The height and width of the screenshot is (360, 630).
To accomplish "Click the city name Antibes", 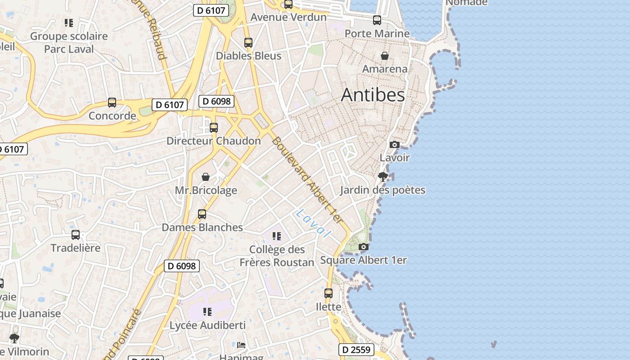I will point(373,95).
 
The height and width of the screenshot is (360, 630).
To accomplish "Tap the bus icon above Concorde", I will point(112,103).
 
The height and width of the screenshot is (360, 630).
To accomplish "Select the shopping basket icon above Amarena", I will point(385,56).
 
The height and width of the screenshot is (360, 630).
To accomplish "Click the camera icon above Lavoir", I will point(394,144).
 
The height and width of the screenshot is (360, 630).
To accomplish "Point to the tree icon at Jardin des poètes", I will point(382,176).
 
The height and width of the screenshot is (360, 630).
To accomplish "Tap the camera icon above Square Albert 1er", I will point(364,247).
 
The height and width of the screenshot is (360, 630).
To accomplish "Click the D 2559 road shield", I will point(356,349).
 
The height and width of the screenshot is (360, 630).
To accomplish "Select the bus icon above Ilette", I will point(328,293).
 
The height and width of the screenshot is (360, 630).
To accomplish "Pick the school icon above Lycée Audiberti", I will point(207,311).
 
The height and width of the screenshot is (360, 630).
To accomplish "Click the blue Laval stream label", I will point(314,223).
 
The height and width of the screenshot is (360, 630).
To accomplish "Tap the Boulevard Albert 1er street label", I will point(307,179).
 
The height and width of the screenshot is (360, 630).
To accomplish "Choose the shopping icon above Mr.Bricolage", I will point(206,177).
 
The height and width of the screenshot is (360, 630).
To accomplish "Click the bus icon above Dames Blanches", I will point(202,214).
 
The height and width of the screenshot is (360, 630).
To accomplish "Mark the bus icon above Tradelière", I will point(76,234).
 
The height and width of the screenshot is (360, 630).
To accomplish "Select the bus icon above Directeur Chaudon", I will point(214,128).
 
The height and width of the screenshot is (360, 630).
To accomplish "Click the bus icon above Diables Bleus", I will point(248,43).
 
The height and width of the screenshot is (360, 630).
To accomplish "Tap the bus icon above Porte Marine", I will point(377,20).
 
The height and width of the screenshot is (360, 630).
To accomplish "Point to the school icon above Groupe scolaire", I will point(69,22).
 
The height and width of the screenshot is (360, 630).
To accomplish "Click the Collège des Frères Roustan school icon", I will point(277,236).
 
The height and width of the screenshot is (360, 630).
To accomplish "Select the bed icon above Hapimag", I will point(241,345).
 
